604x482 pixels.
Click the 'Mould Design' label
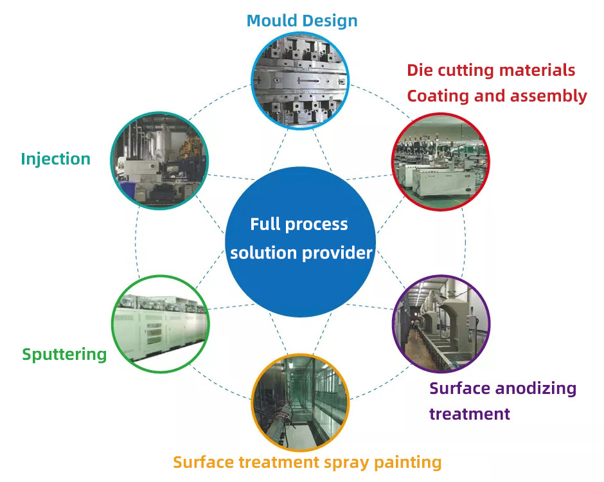point(302,21)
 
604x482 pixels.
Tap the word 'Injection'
point(56,159)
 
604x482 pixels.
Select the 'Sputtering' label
point(64,355)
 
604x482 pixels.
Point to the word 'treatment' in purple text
point(470,414)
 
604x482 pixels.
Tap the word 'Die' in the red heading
point(420,70)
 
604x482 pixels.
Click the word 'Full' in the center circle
point(265,224)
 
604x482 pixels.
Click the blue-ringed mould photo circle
point(300,80)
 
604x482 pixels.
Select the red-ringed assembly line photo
point(441,162)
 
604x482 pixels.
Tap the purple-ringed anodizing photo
point(441,324)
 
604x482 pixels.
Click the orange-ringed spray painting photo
point(301,402)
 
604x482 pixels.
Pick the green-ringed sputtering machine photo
point(160,324)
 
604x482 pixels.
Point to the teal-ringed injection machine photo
point(159,161)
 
